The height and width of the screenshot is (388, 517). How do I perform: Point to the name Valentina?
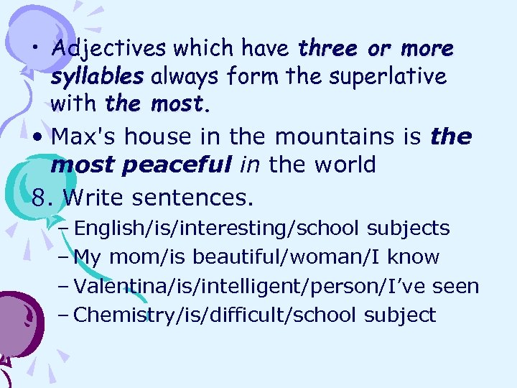(x=115, y=286)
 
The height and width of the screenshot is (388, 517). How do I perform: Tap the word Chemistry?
(x=116, y=315)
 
